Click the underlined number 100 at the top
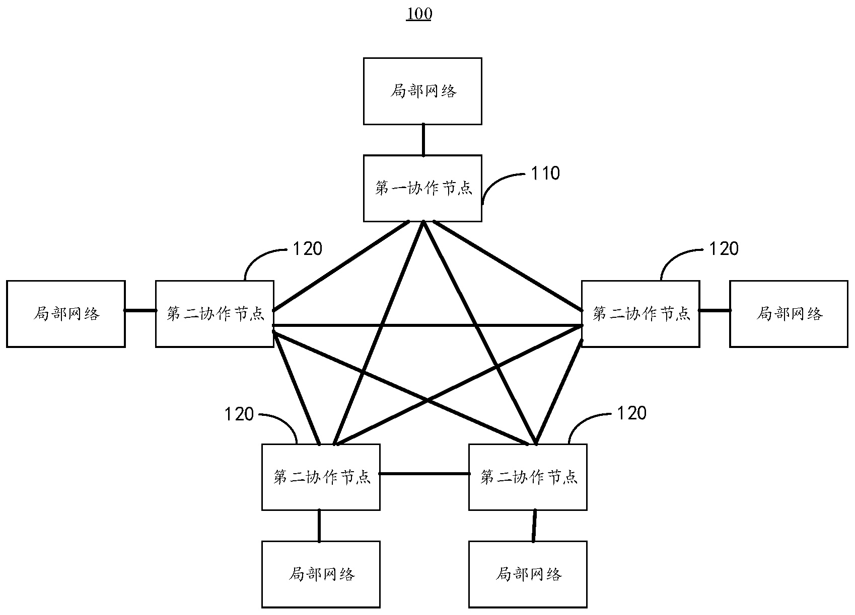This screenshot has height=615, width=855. (x=419, y=14)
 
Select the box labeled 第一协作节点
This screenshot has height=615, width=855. (x=422, y=188)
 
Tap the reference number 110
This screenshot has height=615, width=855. (x=545, y=173)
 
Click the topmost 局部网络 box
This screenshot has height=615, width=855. (x=422, y=91)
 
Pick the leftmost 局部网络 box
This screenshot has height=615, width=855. (x=65, y=314)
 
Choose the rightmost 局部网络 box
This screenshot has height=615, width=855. (x=789, y=314)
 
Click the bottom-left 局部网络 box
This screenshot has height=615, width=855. (x=321, y=574)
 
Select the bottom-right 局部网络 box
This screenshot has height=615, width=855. (x=528, y=574)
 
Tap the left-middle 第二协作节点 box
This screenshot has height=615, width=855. (x=215, y=314)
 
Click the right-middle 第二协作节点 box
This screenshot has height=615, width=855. (x=640, y=314)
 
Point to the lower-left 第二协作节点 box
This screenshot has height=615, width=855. (x=321, y=477)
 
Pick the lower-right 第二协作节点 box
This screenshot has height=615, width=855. (x=528, y=477)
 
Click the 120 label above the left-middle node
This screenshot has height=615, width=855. (x=307, y=248)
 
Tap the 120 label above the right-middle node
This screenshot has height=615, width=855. (x=724, y=248)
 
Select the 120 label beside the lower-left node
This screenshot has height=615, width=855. (x=239, y=414)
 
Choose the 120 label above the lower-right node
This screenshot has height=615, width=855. (x=631, y=413)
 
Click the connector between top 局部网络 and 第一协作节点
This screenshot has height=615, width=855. (x=423, y=140)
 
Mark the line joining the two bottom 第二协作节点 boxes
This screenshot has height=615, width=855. (x=424, y=473)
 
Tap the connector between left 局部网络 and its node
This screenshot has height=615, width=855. (x=140, y=311)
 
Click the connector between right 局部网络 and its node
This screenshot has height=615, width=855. (x=715, y=311)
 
